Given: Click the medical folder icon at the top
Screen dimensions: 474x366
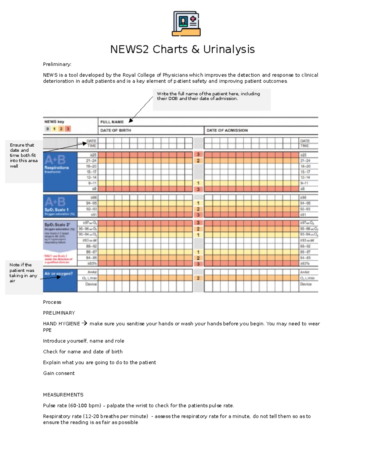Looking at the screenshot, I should (186, 24).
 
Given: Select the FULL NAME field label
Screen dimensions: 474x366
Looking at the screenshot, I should (112, 122).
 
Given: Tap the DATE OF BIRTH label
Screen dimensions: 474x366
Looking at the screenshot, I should (116, 130).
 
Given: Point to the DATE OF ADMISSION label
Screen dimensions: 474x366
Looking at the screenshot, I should (227, 130).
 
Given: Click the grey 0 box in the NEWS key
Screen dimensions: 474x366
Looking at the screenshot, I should (48, 129).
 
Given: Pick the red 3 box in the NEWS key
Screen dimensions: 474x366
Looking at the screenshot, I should (68, 129).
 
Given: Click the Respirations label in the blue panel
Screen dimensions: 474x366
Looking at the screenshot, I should (56, 168).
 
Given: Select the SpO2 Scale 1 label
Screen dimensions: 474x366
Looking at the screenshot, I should (56, 210).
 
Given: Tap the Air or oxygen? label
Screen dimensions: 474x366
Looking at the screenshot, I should (59, 273).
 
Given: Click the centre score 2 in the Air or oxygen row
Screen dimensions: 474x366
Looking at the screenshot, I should (198, 278).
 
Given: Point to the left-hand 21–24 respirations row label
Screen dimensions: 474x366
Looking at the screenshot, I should (91, 161).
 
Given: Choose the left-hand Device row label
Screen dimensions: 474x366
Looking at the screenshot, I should (91, 284).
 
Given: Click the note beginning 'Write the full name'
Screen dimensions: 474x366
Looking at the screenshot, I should (208, 96).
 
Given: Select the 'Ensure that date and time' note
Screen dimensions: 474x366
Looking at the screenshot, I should (23, 155).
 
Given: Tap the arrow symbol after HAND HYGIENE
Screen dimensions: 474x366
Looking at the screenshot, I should (84, 323).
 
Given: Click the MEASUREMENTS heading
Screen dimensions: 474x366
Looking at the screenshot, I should (63, 395).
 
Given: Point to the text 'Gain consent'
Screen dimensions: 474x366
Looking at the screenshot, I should (59, 373).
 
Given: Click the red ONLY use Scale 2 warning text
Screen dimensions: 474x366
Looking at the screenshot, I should (58, 259).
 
